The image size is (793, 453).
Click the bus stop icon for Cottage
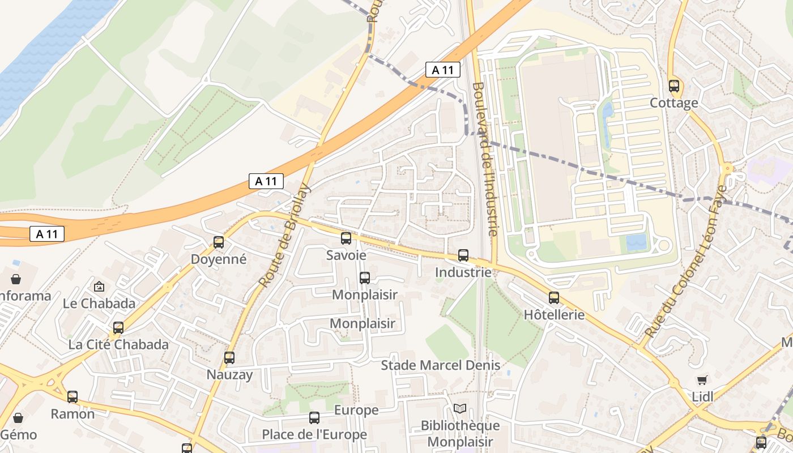[x=673, y=86]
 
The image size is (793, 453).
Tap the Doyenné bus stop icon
[x=219, y=242]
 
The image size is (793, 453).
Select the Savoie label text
[x=346, y=255]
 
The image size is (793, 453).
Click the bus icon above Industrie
[x=463, y=255]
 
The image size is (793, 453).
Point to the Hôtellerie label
[x=554, y=315]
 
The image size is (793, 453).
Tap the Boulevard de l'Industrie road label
[x=485, y=160]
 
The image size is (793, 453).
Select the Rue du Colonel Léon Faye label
[x=685, y=262]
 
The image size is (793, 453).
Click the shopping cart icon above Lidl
[x=702, y=380]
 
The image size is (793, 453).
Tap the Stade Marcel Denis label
[x=441, y=365]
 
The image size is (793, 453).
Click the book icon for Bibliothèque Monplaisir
[x=460, y=408]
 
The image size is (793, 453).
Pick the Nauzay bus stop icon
[x=229, y=358]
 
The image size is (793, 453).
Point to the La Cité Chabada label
[x=118, y=344]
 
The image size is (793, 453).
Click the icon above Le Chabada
[x=99, y=287]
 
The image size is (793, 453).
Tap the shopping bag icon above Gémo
[x=18, y=418]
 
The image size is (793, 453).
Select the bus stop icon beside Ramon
[x=73, y=397]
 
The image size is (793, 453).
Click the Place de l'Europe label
[x=314, y=435]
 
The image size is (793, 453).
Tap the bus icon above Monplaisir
[x=365, y=278]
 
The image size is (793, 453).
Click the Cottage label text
[x=674, y=103]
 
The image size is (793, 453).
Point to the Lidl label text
[x=703, y=396]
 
